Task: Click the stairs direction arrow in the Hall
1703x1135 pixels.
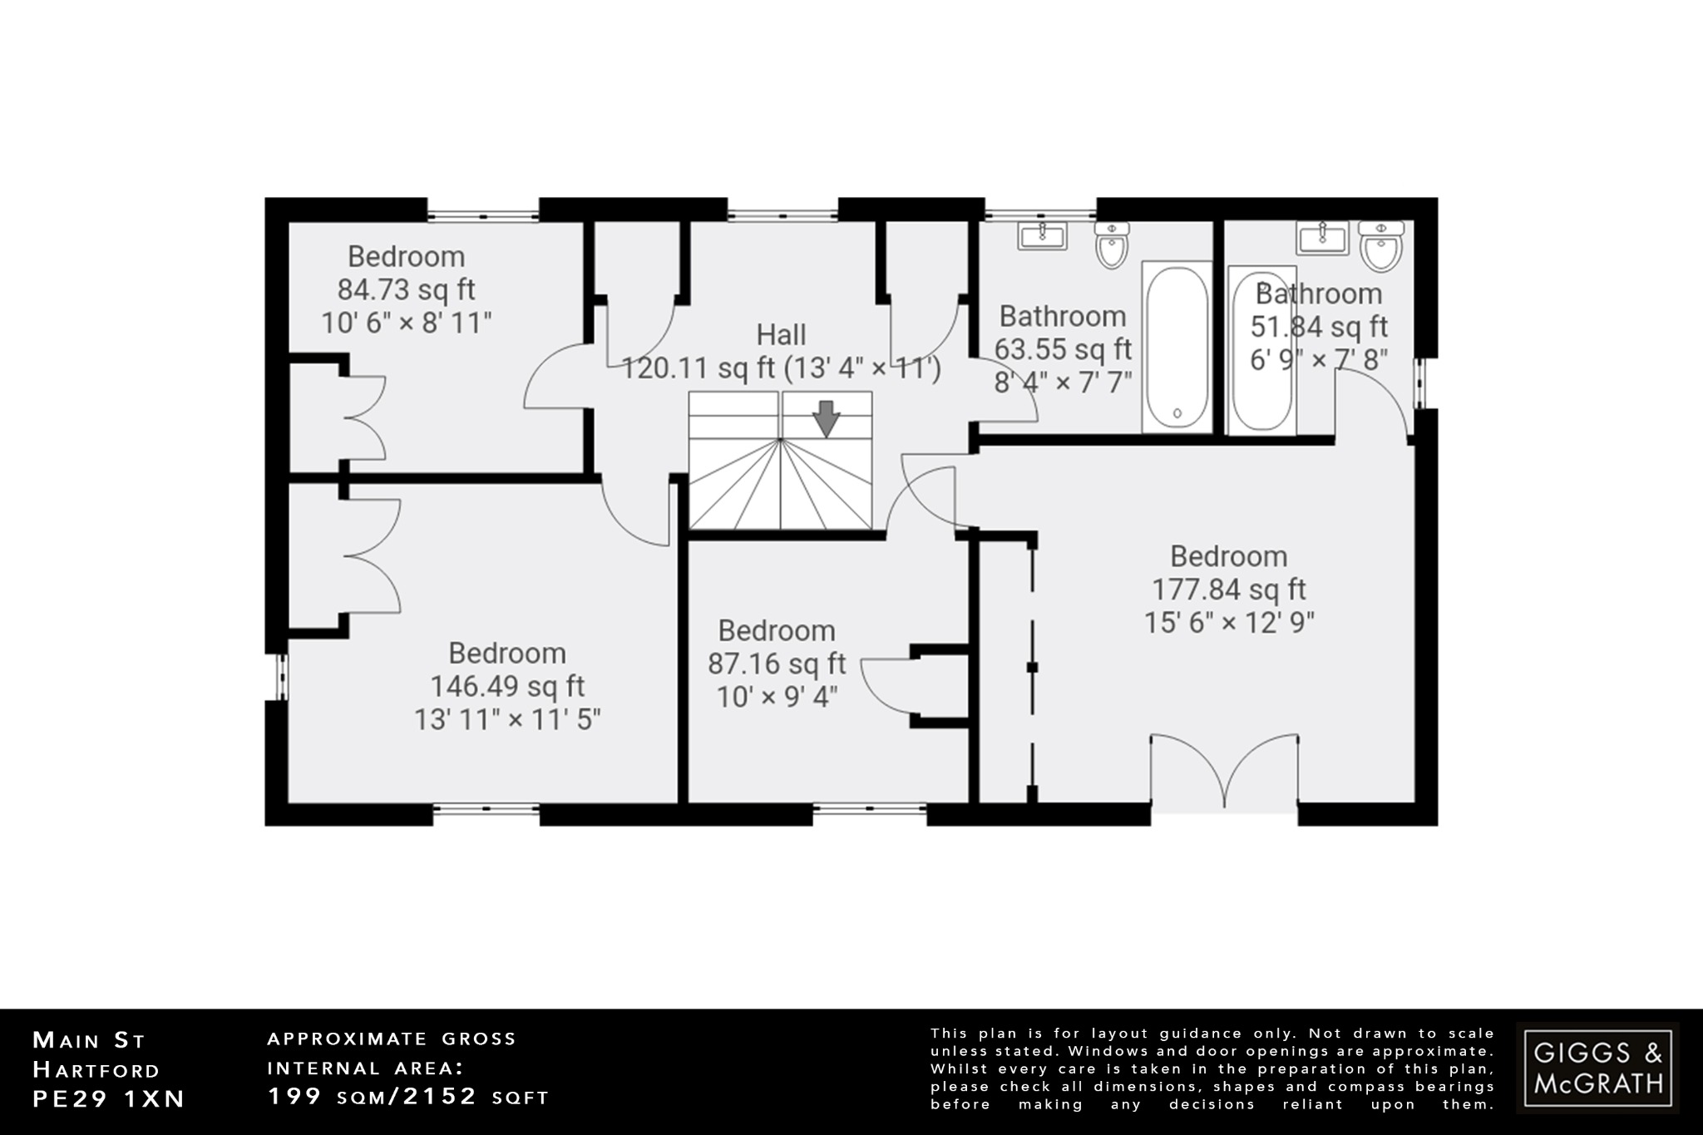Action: point(826,418)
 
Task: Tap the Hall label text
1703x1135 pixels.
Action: point(781,335)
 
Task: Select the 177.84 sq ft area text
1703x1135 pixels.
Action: point(1228,590)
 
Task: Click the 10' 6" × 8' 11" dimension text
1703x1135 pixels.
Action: point(407,323)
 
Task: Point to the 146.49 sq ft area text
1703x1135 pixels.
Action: point(507,686)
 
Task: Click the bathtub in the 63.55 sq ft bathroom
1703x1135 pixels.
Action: point(1177,347)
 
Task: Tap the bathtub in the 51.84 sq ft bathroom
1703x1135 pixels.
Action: point(1261,349)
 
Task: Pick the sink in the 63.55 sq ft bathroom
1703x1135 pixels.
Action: point(1042,236)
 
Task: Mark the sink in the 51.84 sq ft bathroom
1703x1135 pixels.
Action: point(1321,238)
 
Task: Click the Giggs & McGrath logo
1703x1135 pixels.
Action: point(1597,1068)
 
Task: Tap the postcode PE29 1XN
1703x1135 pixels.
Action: point(108,1098)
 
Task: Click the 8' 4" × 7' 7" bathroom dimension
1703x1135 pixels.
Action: point(1064,382)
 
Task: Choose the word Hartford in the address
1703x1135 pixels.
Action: point(96,1069)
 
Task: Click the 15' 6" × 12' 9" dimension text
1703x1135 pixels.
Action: point(1228,623)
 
